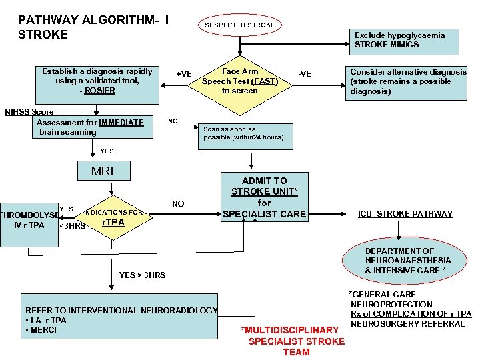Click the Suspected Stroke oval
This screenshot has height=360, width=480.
(239, 25)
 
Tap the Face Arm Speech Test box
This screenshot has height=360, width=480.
(240, 81)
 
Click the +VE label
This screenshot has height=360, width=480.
(183, 73)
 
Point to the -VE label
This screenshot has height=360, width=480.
(304, 73)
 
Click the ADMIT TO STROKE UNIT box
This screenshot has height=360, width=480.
(265, 197)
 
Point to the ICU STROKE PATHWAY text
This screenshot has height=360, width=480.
(405, 214)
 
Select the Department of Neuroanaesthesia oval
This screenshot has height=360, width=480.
(407, 260)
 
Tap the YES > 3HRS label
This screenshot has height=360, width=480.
(142, 275)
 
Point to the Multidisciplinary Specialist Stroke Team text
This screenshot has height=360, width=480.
(296, 341)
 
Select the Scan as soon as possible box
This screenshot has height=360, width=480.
(244, 133)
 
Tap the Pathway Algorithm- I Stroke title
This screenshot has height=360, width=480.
(93, 27)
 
